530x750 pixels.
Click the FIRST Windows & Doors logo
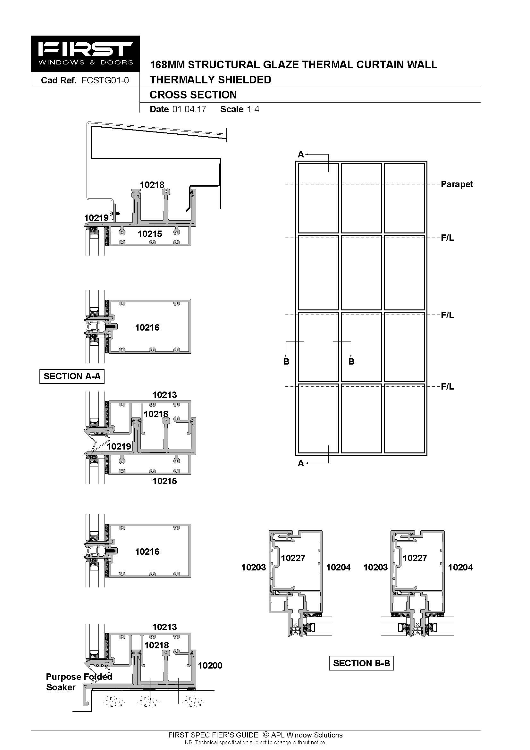pyautogui.click(x=85, y=54)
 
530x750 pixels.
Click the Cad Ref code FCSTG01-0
pyautogui.click(x=105, y=80)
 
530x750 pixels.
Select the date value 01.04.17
pyautogui.click(x=189, y=109)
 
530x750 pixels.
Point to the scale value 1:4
pyautogui.click(x=253, y=109)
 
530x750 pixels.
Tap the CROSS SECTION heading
pyautogui.click(x=193, y=95)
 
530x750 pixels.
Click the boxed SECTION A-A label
pyautogui.click(x=72, y=376)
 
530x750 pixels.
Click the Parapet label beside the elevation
pyautogui.click(x=457, y=184)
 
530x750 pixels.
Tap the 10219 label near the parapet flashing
pyautogui.click(x=96, y=218)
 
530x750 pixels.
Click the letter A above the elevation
pyautogui.click(x=301, y=155)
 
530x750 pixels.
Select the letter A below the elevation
pyautogui.click(x=301, y=463)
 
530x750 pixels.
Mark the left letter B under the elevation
pyautogui.click(x=286, y=362)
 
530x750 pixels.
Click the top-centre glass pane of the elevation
pyautogui.click(x=361, y=198)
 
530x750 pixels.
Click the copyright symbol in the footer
pyautogui.click(x=266, y=735)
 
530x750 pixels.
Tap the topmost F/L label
pyautogui.click(x=447, y=238)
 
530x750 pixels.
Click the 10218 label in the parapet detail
pyautogui.click(x=152, y=185)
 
